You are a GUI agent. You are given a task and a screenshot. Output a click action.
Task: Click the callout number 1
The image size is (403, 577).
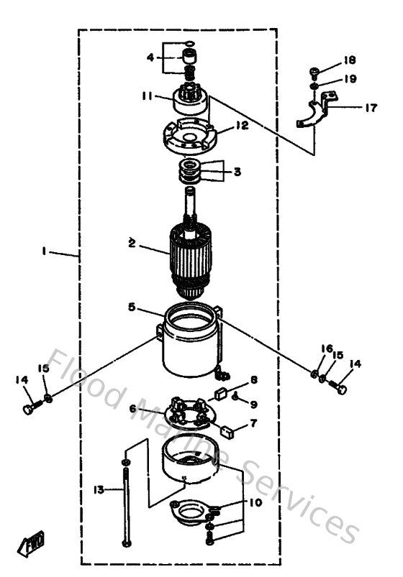pyautogui.click(x=45, y=251)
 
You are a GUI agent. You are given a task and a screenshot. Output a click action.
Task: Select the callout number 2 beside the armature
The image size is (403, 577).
pyautogui.click(x=132, y=243)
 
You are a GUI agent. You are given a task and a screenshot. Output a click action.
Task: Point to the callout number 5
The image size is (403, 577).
pyautogui.click(x=132, y=306)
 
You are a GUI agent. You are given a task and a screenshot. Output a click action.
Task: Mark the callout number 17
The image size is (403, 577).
pyautogui.click(x=371, y=109)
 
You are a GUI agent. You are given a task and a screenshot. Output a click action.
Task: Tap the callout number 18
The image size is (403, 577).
pyautogui.click(x=349, y=59)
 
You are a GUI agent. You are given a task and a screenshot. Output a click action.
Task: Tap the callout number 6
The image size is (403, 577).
pyautogui.click(x=133, y=408)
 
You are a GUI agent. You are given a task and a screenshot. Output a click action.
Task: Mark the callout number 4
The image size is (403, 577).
pyautogui.click(x=150, y=57)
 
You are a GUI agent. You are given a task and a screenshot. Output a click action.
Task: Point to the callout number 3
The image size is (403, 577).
pyautogui.click(x=236, y=172)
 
